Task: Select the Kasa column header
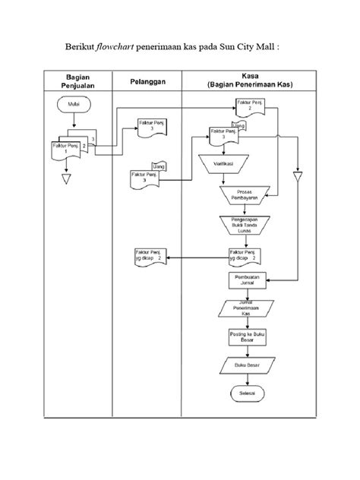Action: pos(247,81)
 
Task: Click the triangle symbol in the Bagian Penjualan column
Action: pos(65,180)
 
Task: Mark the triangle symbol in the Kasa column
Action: pos(298,176)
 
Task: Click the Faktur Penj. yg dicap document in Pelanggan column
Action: pos(149,258)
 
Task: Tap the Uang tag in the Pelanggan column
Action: pos(159,166)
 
